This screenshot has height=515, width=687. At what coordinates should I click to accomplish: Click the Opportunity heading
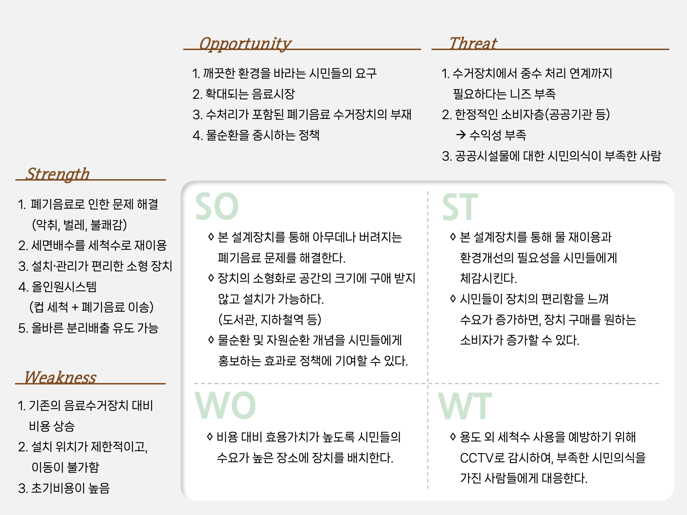[245, 44]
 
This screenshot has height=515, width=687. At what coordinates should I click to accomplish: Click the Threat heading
[473, 43]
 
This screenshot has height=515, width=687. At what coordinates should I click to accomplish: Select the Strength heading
[58, 174]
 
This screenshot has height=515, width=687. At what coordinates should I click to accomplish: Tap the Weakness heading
[60, 377]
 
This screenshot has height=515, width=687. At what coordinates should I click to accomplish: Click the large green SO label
[217, 206]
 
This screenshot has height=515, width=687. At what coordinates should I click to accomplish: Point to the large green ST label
[460, 207]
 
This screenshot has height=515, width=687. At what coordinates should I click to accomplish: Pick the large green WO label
[225, 405]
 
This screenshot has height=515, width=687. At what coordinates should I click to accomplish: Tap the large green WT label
[465, 405]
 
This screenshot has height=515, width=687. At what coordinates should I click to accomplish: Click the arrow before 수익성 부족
[461, 135]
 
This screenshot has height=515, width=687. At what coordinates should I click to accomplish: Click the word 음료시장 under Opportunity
[273, 94]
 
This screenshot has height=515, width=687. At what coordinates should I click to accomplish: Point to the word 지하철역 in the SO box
[282, 319]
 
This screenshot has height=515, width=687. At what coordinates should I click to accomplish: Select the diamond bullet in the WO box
[210, 436]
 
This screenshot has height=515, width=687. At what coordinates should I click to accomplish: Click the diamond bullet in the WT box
[453, 436]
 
